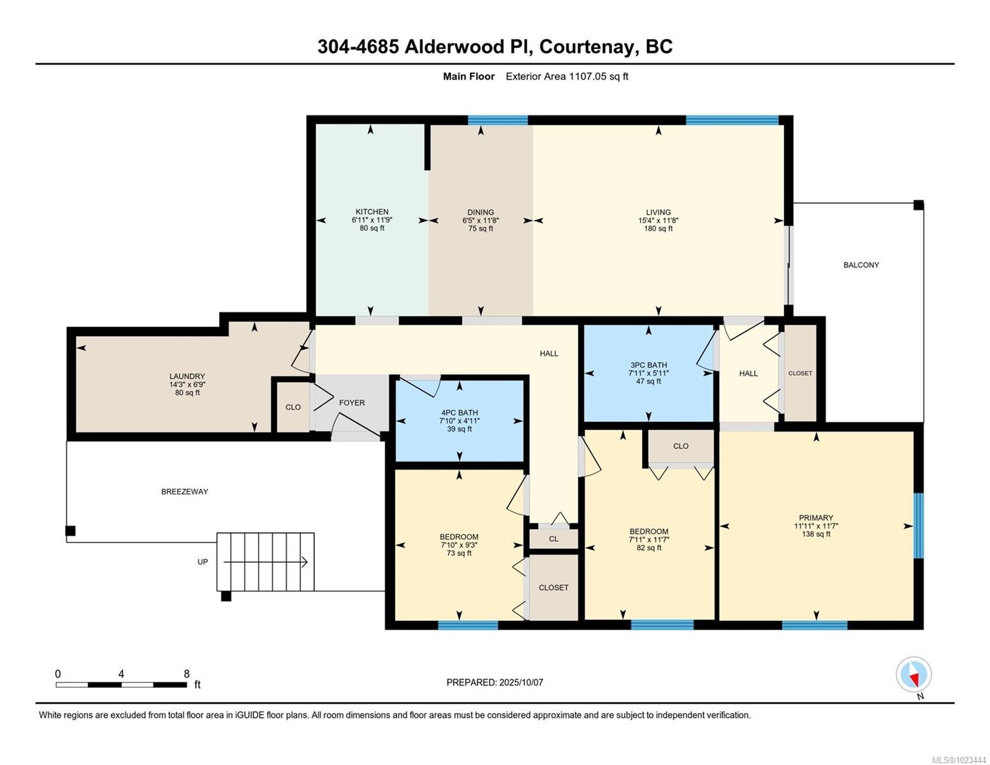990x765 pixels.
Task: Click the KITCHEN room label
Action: pyautogui.click(x=372, y=212)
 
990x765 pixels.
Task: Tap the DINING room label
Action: pyautogui.click(x=480, y=212)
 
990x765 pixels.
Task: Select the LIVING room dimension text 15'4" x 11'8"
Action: pyautogui.click(x=658, y=220)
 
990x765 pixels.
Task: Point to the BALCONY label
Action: pyautogui.click(x=861, y=265)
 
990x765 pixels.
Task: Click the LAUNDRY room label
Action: pyautogui.click(x=187, y=376)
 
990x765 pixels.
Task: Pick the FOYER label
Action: pyautogui.click(x=352, y=402)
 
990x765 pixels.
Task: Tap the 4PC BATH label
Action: pyautogui.click(x=459, y=412)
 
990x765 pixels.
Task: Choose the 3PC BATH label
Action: pyautogui.click(x=648, y=365)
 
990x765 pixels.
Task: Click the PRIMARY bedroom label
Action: pyautogui.click(x=815, y=517)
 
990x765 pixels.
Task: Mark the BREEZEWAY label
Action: pyautogui.click(x=184, y=491)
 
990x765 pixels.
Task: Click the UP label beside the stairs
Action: pyautogui.click(x=203, y=562)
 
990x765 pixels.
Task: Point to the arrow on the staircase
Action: pyautogui.click(x=266, y=562)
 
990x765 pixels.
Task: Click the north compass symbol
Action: pyautogui.click(x=914, y=674)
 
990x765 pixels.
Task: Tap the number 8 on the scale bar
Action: pyautogui.click(x=186, y=673)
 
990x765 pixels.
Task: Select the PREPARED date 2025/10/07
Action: pyautogui.click(x=521, y=682)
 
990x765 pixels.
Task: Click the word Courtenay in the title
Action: pyautogui.click(x=588, y=47)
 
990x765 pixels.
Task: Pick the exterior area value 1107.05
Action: pyautogui.click(x=587, y=76)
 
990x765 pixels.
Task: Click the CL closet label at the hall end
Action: pyautogui.click(x=553, y=539)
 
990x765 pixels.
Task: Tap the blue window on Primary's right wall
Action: pyautogui.click(x=919, y=525)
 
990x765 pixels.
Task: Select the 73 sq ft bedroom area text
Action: pyautogui.click(x=459, y=553)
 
